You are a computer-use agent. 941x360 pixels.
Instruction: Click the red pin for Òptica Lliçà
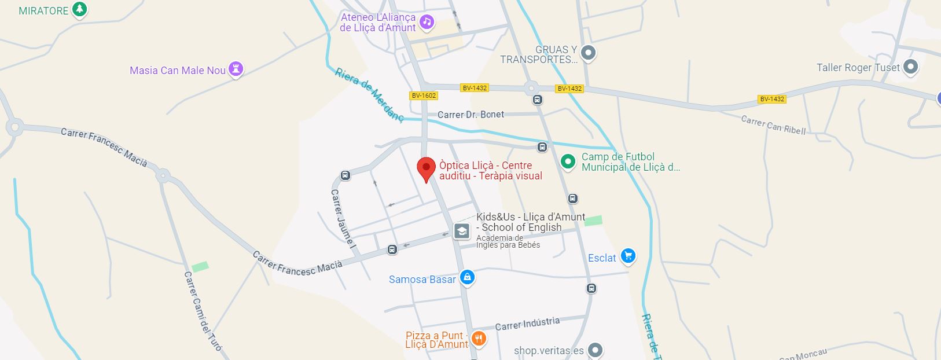point(427,168)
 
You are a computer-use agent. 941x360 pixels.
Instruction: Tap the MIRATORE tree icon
point(80,10)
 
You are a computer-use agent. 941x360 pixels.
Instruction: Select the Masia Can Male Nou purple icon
point(236,69)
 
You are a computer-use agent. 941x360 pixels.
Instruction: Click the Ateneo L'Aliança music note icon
point(427,22)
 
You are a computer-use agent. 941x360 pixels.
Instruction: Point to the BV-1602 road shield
point(424,95)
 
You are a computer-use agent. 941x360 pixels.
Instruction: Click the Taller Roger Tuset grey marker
point(910,67)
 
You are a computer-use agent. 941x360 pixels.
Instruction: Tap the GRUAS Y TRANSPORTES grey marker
point(588,53)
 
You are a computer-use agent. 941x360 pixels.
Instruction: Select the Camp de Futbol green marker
point(568,161)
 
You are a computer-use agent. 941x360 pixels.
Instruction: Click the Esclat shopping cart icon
point(628,256)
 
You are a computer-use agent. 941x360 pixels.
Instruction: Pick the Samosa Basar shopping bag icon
point(468,278)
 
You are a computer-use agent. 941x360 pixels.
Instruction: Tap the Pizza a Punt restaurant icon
point(478,338)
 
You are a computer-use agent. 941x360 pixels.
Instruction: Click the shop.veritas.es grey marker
point(595,350)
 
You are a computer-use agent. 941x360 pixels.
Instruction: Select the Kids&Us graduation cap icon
point(462,232)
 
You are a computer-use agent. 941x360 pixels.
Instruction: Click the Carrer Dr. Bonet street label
point(471,115)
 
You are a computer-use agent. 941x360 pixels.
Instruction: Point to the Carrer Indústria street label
point(527,324)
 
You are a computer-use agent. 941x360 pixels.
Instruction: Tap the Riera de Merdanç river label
point(369,95)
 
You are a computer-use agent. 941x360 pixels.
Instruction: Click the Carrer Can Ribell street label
point(773,125)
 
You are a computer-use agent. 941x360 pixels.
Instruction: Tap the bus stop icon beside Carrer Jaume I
point(345,175)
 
